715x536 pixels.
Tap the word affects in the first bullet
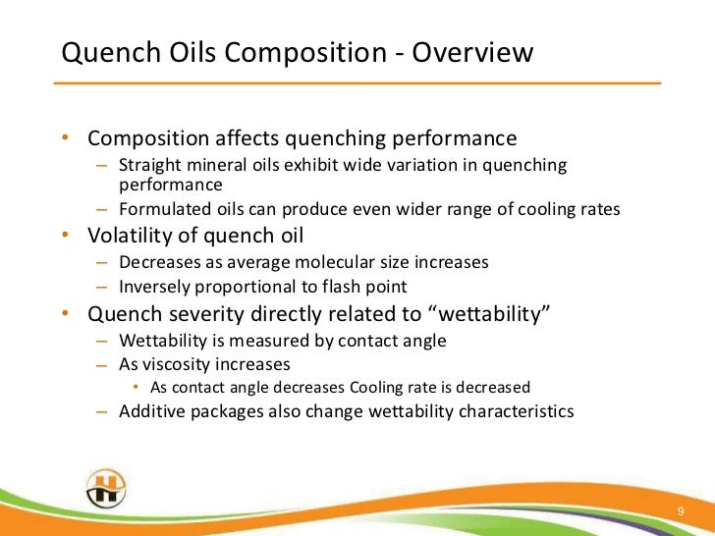click(x=258, y=137)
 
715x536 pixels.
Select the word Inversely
click(x=154, y=288)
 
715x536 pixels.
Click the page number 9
click(x=681, y=512)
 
